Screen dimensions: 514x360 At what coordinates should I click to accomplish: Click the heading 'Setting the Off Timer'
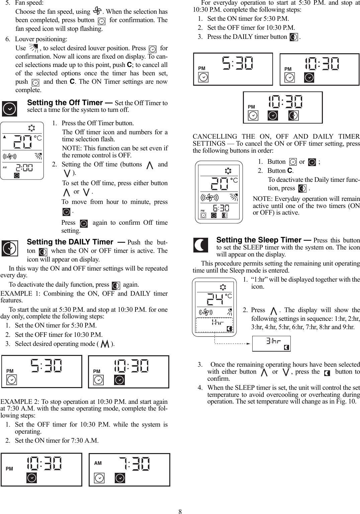69,102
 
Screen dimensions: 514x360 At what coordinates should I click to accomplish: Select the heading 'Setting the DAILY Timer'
70,242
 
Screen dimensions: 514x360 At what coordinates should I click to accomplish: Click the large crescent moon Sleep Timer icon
200,245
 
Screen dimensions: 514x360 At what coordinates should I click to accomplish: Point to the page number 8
180,511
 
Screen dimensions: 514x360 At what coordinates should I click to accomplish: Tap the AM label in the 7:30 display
98,463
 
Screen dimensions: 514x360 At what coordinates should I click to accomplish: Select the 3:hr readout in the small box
273,341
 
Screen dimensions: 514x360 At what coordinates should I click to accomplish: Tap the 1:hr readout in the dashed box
217,322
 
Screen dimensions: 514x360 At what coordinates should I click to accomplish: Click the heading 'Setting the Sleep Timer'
259,240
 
